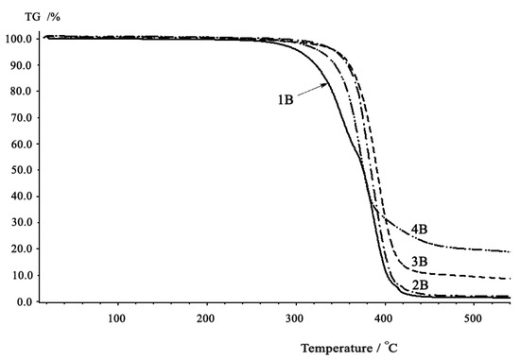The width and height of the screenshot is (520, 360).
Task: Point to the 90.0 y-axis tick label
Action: (x=20, y=66)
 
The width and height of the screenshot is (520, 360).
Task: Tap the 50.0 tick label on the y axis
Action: (x=20, y=171)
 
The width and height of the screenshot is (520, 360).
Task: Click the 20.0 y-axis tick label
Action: (x=20, y=249)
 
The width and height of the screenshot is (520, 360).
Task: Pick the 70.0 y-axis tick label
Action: (x=20, y=118)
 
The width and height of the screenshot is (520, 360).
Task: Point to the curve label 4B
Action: (x=422, y=230)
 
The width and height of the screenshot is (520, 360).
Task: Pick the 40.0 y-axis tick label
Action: (x=20, y=197)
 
